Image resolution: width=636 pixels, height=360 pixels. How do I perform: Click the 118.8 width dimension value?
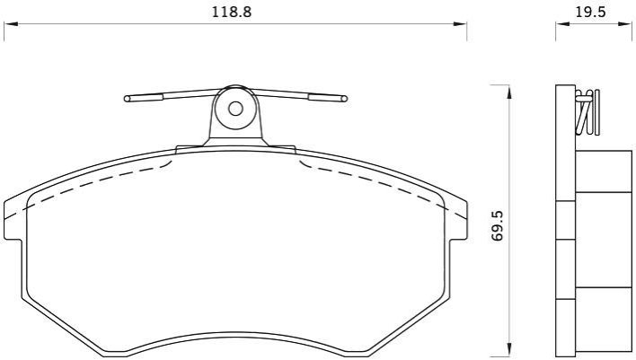point(232,12)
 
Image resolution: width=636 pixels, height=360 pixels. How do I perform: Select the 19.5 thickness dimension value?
point(590,12)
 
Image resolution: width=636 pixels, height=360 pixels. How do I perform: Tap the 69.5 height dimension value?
point(498,226)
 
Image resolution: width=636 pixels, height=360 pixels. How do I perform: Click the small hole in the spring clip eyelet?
point(235,109)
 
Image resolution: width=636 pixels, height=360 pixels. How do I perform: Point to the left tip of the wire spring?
point(127,99)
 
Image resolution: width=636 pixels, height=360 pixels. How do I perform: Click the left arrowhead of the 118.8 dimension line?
point(11,24)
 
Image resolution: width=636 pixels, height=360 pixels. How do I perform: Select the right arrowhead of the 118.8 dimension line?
point(460,24)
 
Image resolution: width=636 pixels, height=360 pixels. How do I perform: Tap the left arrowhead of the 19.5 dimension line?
point(562,24)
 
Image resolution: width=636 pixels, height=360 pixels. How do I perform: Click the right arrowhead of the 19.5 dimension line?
point(625,24)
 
